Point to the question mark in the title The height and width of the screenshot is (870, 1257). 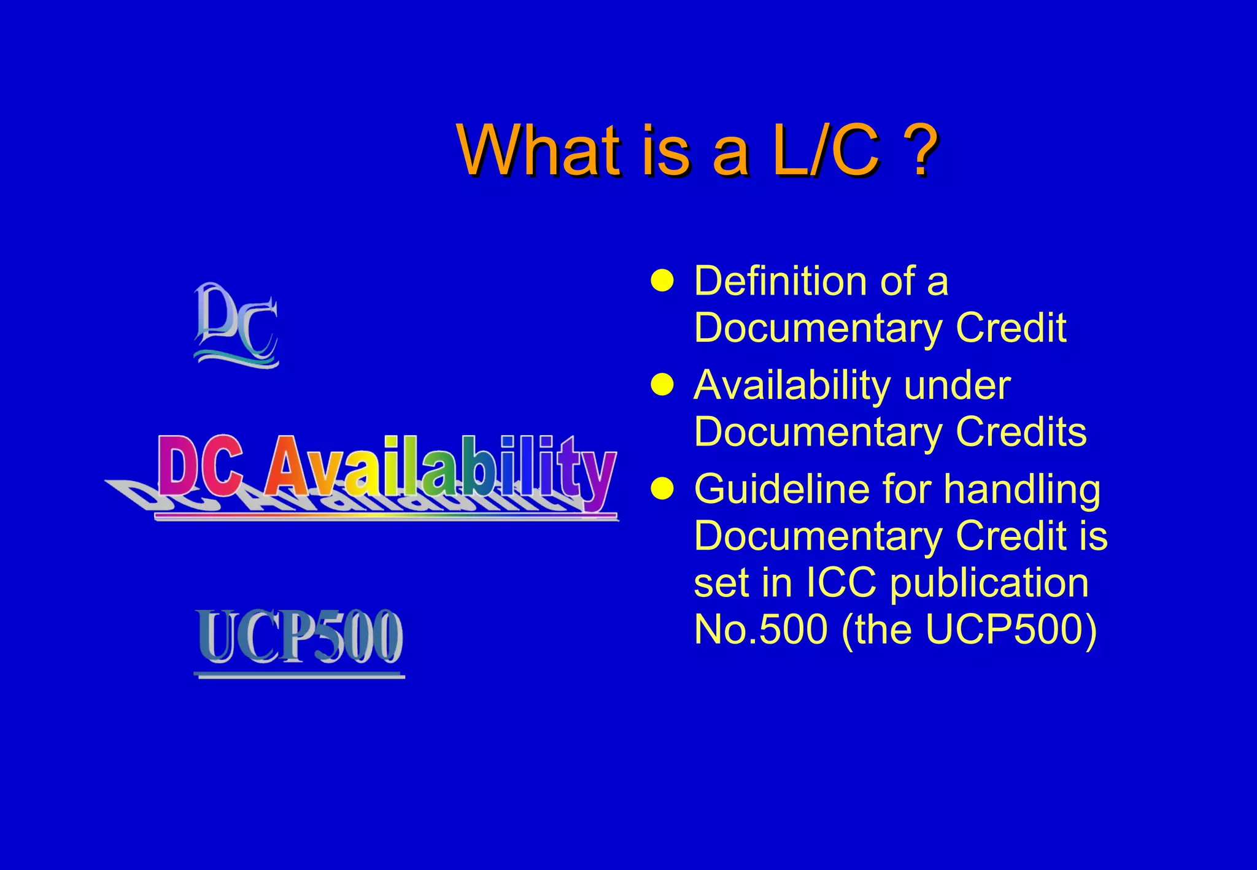(x=921, y=150)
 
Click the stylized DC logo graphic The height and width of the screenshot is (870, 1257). (x=236, y=325)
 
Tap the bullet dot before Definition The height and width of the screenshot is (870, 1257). (x=662, y=281)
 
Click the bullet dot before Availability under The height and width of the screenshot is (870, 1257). (x=662, y=385)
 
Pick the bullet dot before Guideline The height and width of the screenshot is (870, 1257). (x=662, y=489)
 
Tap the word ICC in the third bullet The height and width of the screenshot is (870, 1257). (x=840, y=583)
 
